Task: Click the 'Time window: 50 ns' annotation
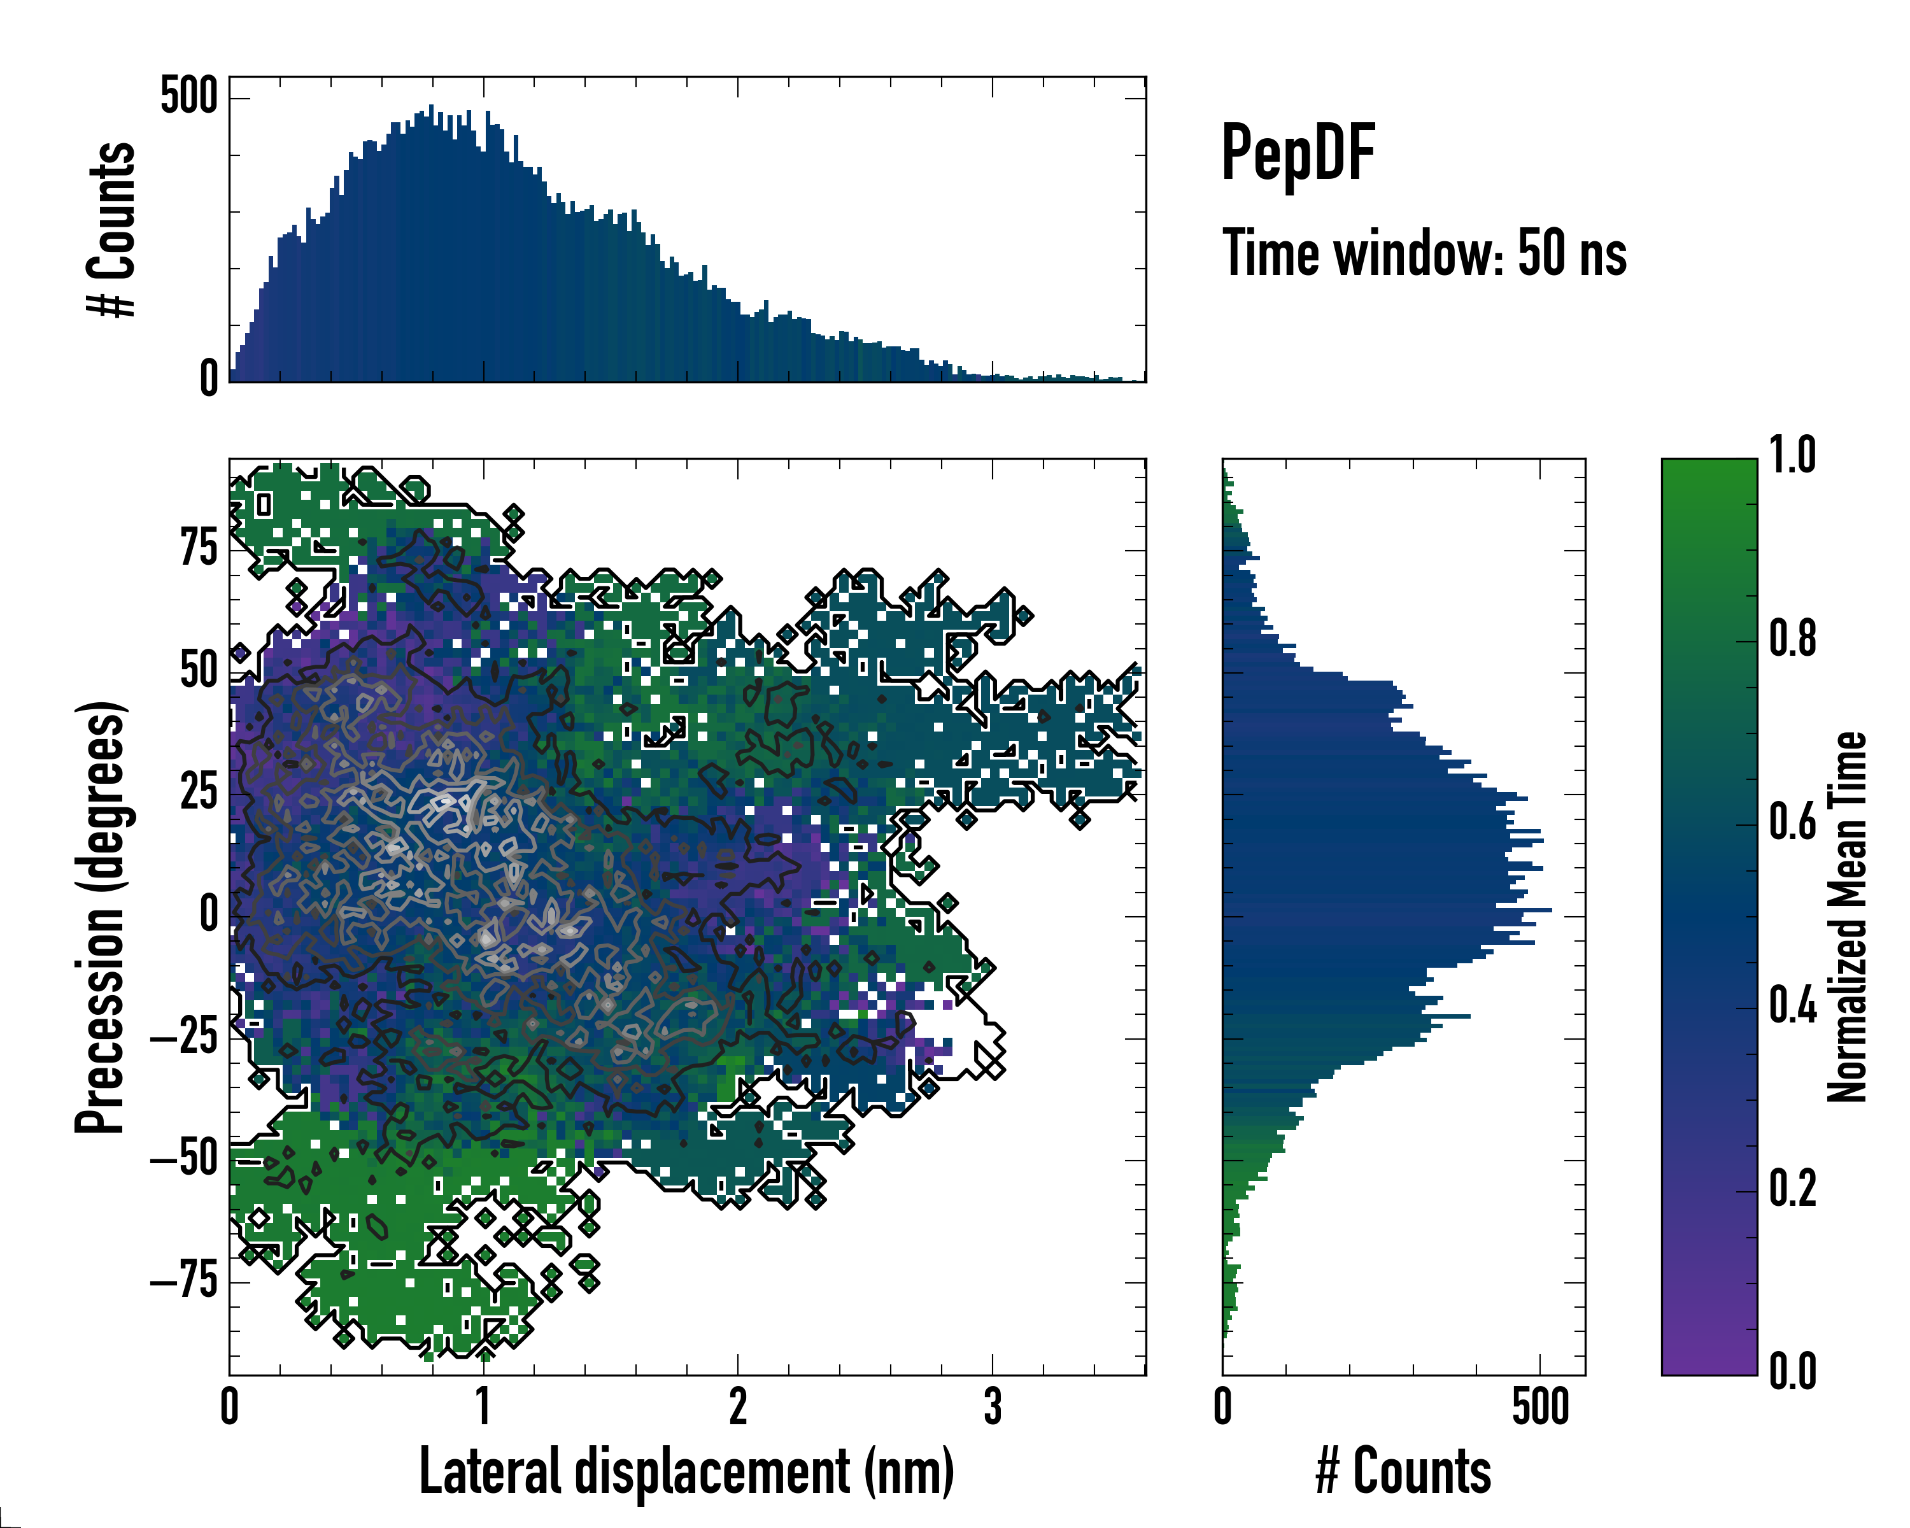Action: point(1424,253)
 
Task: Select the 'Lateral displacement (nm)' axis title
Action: point(686,1471)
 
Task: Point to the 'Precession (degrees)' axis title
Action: point(99,917)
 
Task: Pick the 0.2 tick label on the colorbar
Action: point(1792,1188)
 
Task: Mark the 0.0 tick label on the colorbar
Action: point(1792,1371)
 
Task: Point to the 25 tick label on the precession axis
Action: point(199,792)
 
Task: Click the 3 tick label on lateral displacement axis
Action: point(992,1406)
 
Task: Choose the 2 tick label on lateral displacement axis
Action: point(737,1406)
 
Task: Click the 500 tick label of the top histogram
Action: point(188,95)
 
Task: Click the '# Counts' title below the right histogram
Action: point(1403,1471)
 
